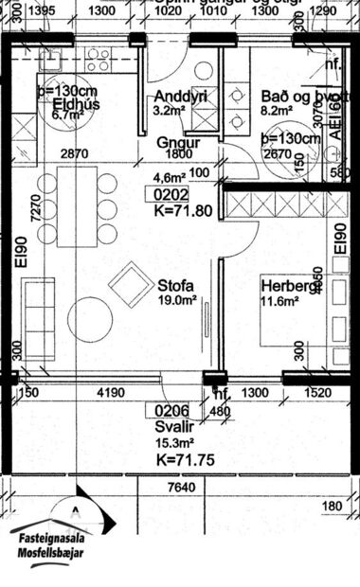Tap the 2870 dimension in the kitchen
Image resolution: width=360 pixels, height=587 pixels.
(x=74, y=153)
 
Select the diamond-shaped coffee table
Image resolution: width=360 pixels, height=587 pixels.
(x=128, y=285)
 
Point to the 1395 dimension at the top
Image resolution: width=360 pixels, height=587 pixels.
(x=43, y=10)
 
